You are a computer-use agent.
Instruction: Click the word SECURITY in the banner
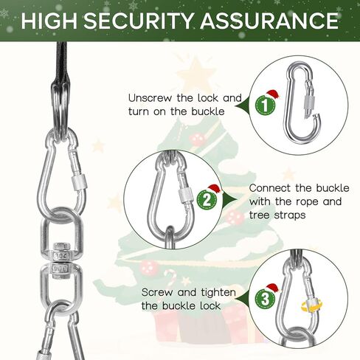[139, 21]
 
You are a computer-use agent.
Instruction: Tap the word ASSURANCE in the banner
[269, 21]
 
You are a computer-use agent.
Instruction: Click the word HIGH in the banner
[49, 21]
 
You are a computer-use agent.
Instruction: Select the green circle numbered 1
[265, 105]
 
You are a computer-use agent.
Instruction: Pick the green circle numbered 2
[207, 200]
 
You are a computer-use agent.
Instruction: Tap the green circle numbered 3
[265, 299]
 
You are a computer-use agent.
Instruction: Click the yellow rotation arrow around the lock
[311, 305]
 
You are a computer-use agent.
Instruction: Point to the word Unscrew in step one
[150, 98]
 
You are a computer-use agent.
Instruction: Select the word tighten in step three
[218, 293]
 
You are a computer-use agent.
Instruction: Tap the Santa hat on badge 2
[213, 189]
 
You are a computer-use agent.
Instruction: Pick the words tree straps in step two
[277, 215]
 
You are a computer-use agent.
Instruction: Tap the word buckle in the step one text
[208, 111]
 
